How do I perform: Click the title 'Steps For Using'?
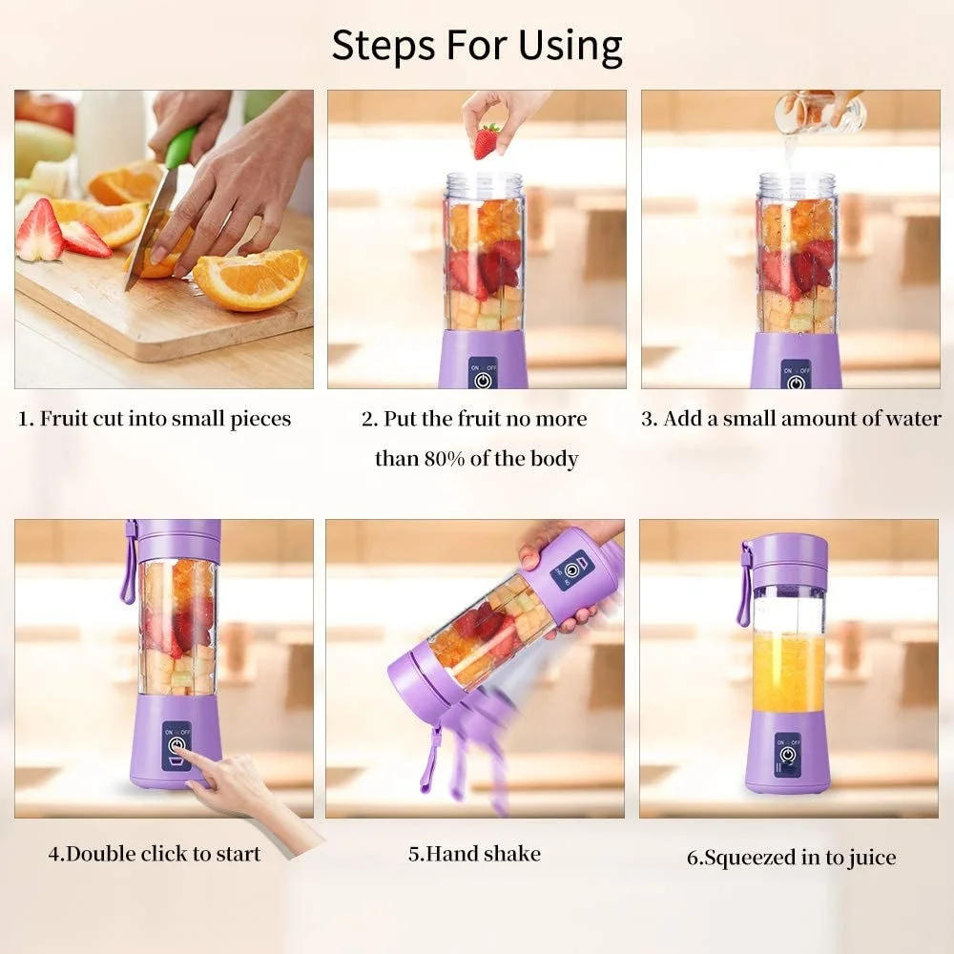477,45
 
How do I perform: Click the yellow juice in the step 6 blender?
787,672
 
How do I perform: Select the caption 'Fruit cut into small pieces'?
155,419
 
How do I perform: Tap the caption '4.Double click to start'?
155,853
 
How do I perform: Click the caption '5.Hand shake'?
474,853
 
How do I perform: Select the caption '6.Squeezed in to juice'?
791,857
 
